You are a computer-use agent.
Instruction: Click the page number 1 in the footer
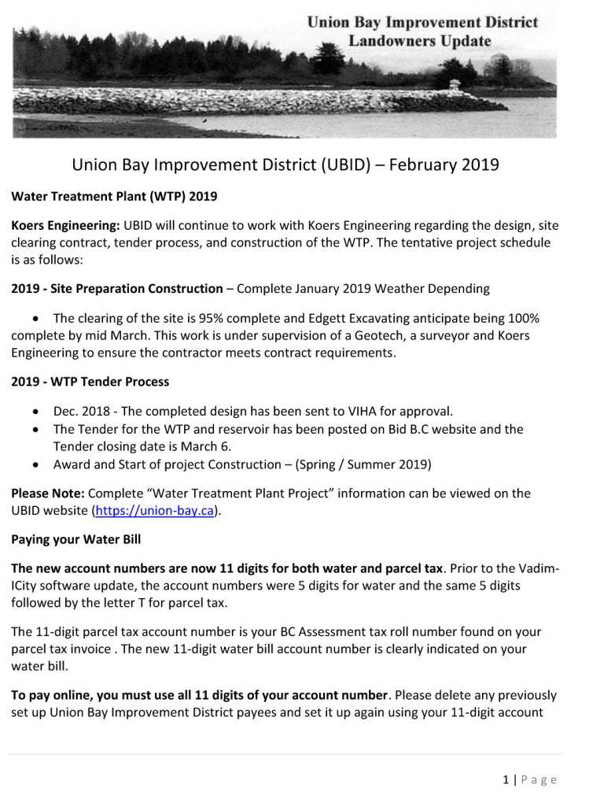click(506, 780)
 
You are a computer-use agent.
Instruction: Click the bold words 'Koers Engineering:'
click(66, 225)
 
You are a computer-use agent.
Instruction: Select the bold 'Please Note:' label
click(48, 494)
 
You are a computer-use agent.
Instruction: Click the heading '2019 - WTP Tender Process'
click(90, 382)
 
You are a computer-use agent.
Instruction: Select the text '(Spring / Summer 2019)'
click(363, 464)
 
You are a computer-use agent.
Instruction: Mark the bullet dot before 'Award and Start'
click(37, 464)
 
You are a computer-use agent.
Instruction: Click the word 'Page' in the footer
click(539, 780)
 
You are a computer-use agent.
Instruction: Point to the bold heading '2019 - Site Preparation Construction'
click(117, 289)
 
